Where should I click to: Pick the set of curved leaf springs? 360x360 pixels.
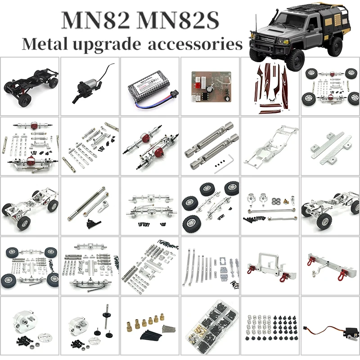198,267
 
